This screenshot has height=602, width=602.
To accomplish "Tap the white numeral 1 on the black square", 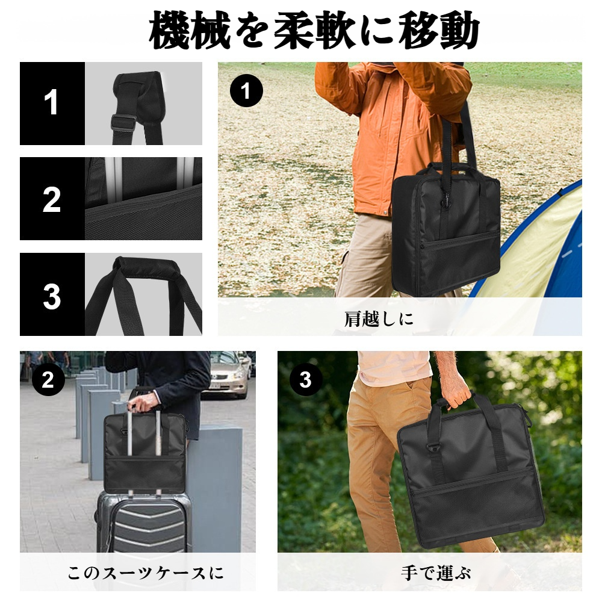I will (52, 103).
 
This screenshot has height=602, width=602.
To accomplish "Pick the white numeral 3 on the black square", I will (52, 295).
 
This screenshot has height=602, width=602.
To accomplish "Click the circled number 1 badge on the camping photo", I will (246, 92).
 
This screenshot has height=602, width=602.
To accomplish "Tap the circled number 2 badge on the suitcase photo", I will (48, 379).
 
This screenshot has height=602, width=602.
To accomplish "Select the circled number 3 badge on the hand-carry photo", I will (305, 379).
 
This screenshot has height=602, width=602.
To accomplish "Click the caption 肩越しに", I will (379, 318).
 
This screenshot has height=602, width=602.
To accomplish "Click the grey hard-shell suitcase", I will (144, 524).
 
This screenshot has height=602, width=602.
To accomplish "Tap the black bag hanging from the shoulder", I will (445, 229).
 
